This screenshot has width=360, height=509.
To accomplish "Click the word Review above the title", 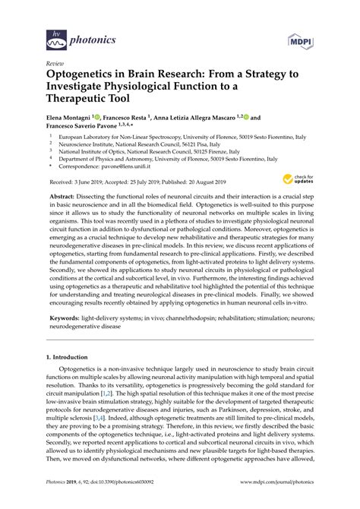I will pos(55,63).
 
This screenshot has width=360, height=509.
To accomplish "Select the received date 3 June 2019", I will pos(97,182).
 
